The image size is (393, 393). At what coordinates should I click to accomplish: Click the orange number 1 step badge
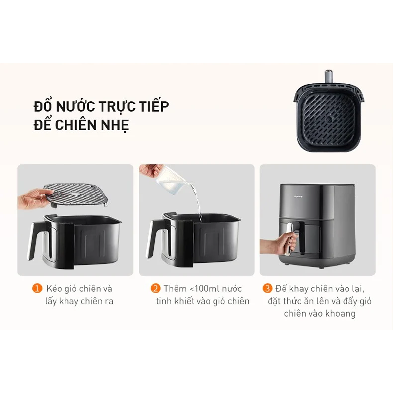point(37,289)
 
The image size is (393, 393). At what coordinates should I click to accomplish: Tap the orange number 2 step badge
point(156,289)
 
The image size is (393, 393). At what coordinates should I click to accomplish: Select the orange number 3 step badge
point(267,289)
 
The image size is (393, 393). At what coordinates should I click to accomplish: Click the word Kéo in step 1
point(54,289)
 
